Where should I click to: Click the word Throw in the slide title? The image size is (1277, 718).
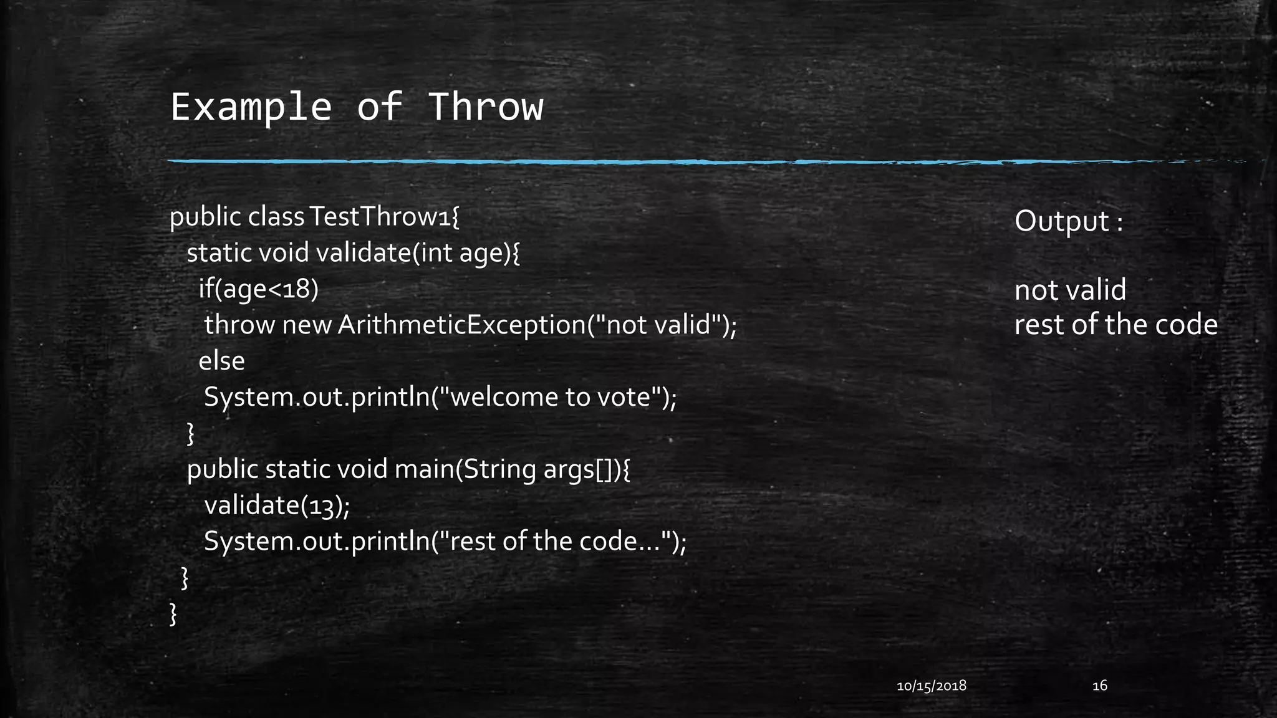pos(486,107)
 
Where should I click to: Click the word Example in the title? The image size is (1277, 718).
pos(251,107)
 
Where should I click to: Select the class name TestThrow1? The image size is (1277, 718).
pos(384,217)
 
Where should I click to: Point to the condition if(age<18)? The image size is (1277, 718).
pos(258,289)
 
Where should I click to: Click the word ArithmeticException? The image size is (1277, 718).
pos(461,325)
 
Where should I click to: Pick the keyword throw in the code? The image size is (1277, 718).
pos(239,325)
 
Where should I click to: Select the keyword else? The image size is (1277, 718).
pos(221,361)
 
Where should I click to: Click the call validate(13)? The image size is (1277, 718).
pos(277,505)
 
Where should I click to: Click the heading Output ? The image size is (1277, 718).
pos(1068,221)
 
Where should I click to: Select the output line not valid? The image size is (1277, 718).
pos(1070,290)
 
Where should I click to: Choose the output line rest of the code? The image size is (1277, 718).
pos(1116,325)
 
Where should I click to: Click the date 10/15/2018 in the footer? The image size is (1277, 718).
pos(931,686)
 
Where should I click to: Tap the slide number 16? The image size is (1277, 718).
pos(1099,686)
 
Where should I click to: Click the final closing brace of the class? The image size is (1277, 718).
pos(173,614)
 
